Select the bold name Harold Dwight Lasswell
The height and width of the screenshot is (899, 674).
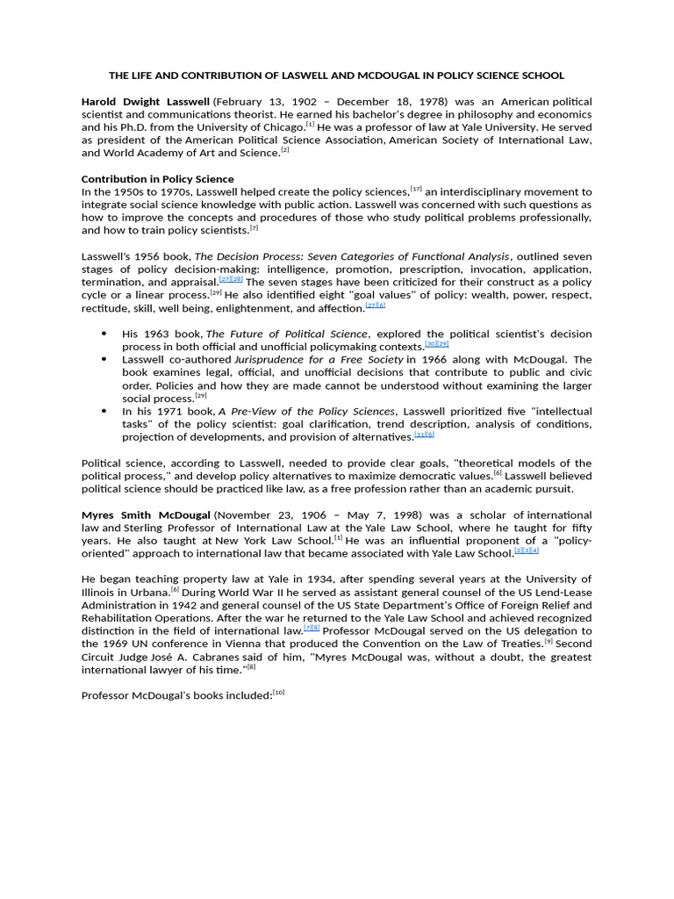point(145,103)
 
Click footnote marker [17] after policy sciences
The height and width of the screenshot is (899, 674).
point(416,189)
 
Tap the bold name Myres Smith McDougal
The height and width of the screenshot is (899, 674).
point(146,515)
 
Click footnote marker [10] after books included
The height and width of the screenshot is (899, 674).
point(279,693)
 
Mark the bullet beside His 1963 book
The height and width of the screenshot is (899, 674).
point(104,334)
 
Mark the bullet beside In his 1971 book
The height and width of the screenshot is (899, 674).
point(104,411)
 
